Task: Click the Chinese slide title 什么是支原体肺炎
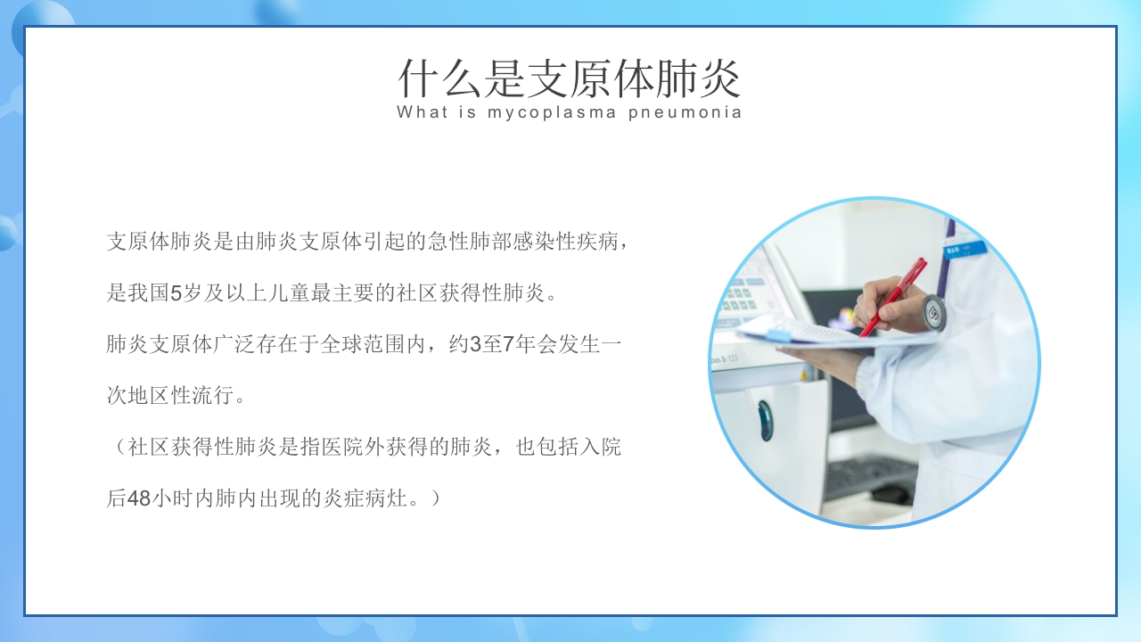(570, 78)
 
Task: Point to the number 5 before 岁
(176, 292)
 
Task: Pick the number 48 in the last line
(139, 498)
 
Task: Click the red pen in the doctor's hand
(892, 296)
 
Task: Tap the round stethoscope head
(933, 311)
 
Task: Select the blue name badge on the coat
(966, 249)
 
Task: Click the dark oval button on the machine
(765, 419)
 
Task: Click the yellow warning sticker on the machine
(804, 375)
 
